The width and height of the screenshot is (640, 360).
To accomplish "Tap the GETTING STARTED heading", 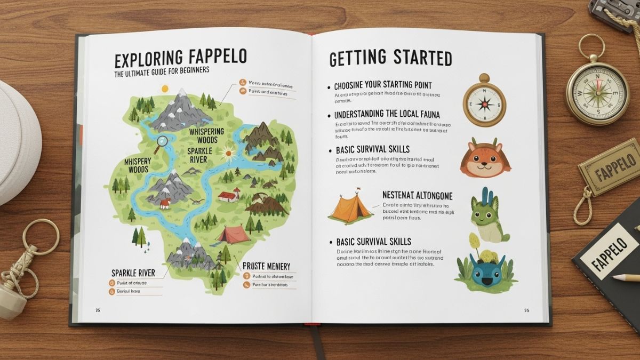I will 390,58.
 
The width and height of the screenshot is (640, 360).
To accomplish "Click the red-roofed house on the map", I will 228,196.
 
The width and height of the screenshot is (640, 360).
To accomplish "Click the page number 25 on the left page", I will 98,309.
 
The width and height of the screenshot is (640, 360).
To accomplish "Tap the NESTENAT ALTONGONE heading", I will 418,195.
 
